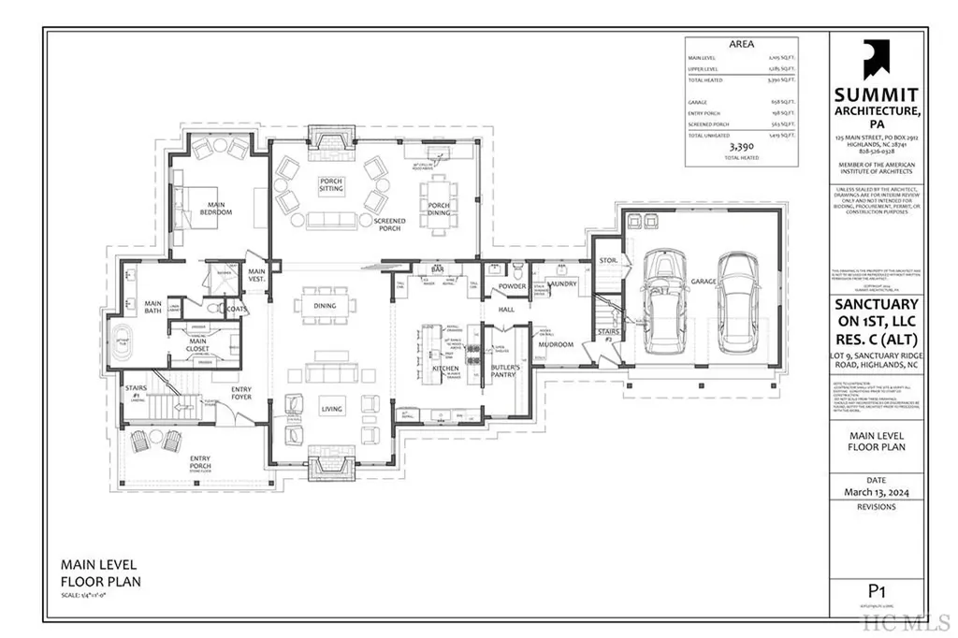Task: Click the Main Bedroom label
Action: pyautogui.click(x=214, y=209)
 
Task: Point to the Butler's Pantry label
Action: pyautogui.click(x=505, y=373)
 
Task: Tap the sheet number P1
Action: pyautogui.click(x=876, y=590)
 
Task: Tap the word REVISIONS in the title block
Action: pyautogui.click(x=876, y=507)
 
